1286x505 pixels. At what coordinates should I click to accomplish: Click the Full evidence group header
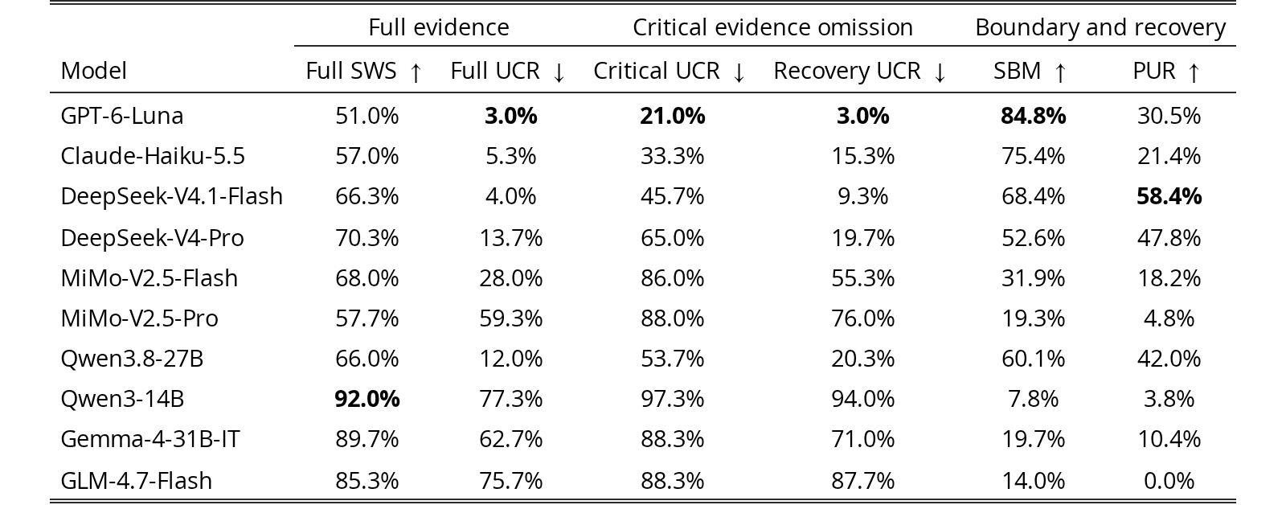(x=439, y=27)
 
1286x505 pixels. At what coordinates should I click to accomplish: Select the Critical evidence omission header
(x=772, y=27)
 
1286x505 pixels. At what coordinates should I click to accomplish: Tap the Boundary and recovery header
(x=1100, y=28)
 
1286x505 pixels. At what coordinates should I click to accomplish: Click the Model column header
(x=93, y=71)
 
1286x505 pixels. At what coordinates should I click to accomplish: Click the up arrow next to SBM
(x=1060, y=72)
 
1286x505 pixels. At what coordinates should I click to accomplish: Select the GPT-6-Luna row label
(x=121, y=116)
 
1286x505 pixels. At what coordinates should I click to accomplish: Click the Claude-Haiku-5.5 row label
(x=153, y=156)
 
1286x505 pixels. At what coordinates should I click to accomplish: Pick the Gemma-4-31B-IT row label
(x=149, y=440)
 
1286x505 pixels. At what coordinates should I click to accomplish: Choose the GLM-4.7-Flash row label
(x=136, y=480)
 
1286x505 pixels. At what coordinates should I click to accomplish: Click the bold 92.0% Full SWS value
(x=367, y=399)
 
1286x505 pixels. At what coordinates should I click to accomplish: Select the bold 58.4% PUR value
(x=1169, y=196)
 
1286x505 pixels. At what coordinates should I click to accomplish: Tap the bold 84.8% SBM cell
(x=1033, y=116)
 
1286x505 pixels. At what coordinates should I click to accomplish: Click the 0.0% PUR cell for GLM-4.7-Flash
(x=1169, y=480)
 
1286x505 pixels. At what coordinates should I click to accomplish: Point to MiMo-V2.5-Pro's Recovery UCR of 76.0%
(x=863, y=318)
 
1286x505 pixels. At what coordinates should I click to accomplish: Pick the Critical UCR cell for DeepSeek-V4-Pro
(x=672, y=238)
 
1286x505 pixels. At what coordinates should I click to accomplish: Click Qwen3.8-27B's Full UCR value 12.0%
(x=511, y=359)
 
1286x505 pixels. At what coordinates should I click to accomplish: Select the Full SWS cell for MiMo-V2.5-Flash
(x=367, y=278)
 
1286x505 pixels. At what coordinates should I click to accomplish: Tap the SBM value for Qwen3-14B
(x=1033, y=399)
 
